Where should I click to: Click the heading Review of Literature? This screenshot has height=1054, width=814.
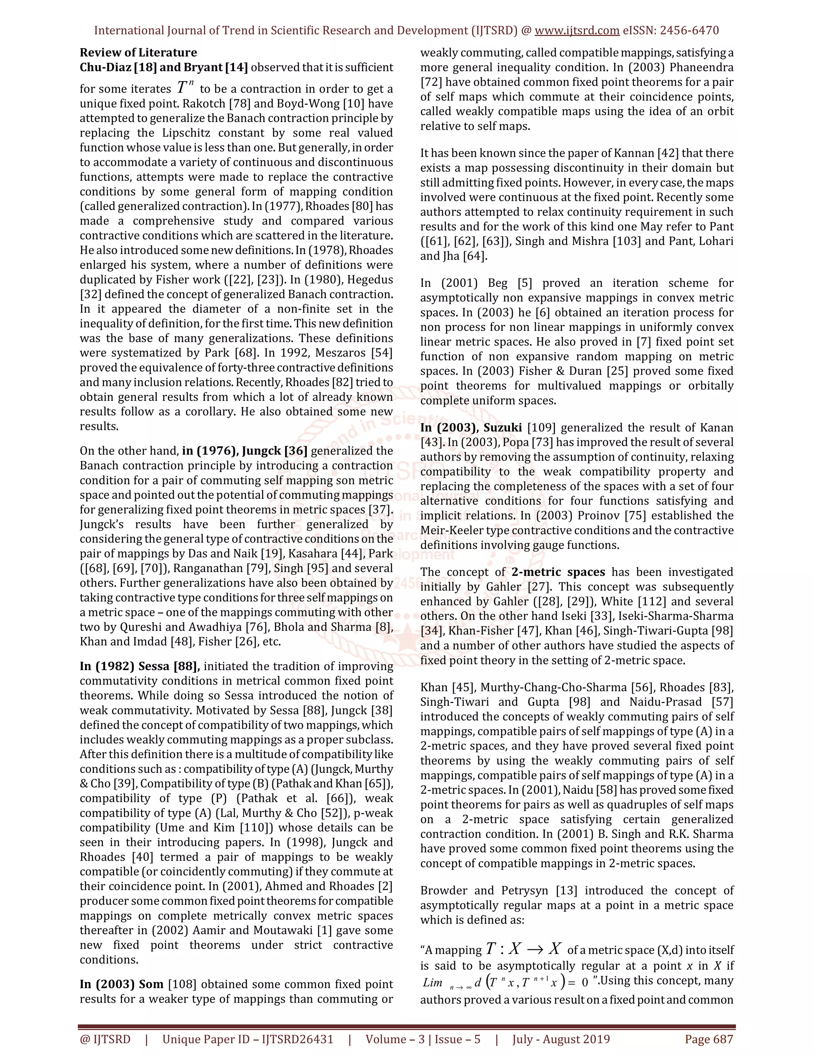pyautogui.click(x=138, y=53)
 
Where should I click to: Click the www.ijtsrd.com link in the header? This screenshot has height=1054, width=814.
pyautogui.click(x=577, y=30)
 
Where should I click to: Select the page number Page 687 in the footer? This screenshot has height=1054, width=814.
pyautogui.click(x=709, y=1039)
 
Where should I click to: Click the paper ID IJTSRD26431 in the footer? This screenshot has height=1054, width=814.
pyautogui.click(x=298, y=1039)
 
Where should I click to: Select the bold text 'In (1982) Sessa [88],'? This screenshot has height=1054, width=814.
pyautogui.click(x=140, y=666)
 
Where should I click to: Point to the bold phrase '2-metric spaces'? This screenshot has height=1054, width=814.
pyautogui.click(x=558, y=572)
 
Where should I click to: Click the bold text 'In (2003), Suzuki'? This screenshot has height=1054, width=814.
pyautogui.click(x=471, y=428)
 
